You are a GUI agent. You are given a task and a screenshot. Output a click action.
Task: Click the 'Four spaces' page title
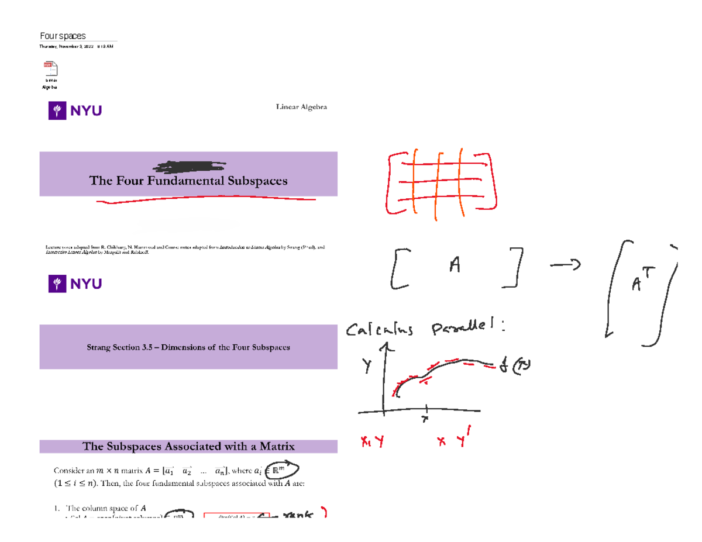click(x=63, y=36)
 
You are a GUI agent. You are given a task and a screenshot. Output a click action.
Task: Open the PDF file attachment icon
click(x=51, y=68)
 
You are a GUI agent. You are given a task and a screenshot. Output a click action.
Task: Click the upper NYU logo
click(x=75, y=110)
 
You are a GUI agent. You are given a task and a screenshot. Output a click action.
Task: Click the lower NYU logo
click(x=75, y=284)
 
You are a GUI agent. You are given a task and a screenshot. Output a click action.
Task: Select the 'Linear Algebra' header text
click(x=301, y=107)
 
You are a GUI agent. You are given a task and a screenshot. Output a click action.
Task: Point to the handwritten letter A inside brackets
click(x=455, y=267)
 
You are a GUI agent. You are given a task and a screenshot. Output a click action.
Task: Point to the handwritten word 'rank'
click(x=298, y=515)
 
